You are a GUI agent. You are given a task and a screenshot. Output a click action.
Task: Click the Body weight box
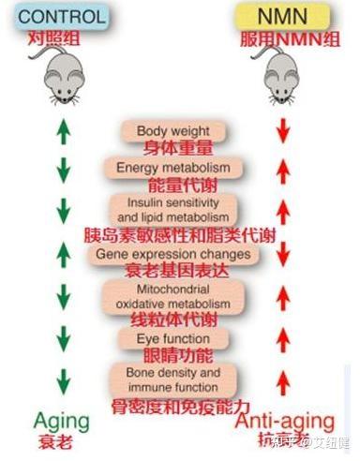tap(174, 130)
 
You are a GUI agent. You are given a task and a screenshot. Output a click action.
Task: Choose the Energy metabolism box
tap(174, 167)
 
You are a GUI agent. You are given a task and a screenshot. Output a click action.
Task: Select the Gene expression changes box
tap(174, 254)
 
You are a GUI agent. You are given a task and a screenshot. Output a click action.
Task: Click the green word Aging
tap(62, 419)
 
